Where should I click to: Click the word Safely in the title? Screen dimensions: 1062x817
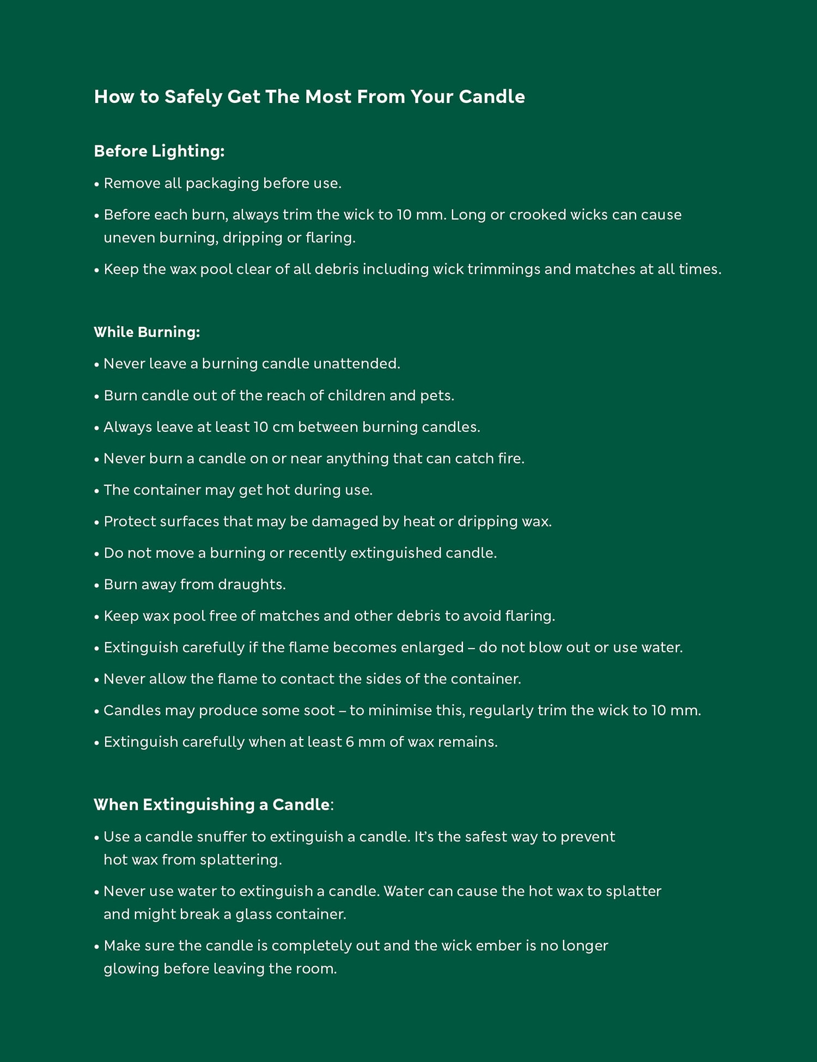pyautogui.click(x=193, y=97)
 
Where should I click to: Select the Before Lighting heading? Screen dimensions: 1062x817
pyautogui.click(x=159, y=151)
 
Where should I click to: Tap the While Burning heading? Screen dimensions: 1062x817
pyautogui.click(x=147, y=332)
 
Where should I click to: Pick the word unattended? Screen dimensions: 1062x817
pyautogui.click(x=356, y=364)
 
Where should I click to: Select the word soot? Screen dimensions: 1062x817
pyautogui.click(x=320, y=711)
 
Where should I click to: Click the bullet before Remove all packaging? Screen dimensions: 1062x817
pyautogui.click(x=97, y=184)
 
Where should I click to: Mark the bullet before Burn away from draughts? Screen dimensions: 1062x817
pyautogui.click(x=97, y=585)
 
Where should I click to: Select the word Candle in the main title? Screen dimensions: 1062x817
pyautogui.click(x=491, y=97)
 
